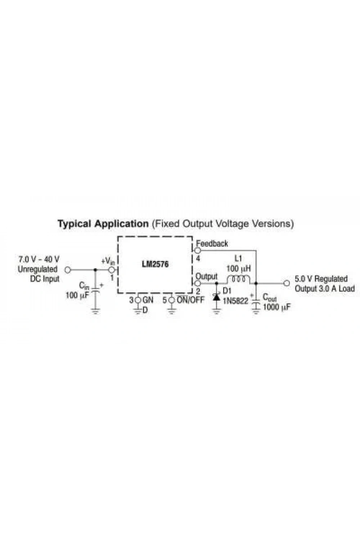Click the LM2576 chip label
[x=155, y=264]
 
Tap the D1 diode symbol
[x=216, y=297]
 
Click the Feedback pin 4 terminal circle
[x=198, y=251]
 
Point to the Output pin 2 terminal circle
[x=198, y=283]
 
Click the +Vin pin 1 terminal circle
[x=111, y=270]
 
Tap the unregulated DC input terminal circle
[x=68, y=270]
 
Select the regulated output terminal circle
[x=287, y=283]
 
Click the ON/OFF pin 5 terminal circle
[x=172, y=300]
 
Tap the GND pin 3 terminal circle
[x=138, y=300]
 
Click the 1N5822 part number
[x=235, y=301]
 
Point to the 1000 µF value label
[x=276, y=307]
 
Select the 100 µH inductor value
[x=239, y=269]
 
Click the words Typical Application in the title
[x=103, y=224]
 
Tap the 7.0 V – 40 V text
[x=39, y=260]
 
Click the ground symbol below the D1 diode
[x=216, y=311]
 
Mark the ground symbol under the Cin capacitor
[x=95, y=311]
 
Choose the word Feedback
[x=212, y=243]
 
